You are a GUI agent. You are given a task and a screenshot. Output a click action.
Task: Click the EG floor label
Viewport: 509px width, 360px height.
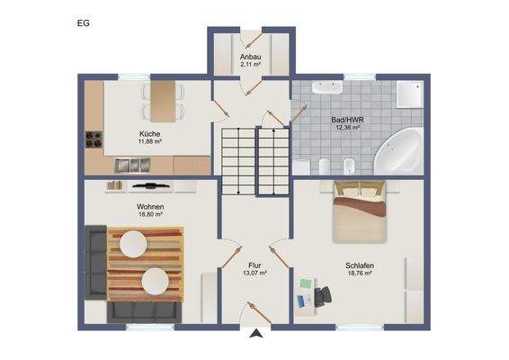(83, 23)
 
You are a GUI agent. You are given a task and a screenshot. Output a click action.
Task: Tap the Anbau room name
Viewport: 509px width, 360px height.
(250, 57)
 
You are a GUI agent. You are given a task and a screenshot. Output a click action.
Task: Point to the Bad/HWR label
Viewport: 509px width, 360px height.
(347, 119)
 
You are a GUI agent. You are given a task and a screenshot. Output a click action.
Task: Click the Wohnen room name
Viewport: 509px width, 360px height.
(149, 206)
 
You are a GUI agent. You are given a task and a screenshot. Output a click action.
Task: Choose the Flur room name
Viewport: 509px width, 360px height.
(254, 265)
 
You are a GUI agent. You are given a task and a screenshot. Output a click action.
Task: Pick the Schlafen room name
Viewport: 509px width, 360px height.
(359, 265)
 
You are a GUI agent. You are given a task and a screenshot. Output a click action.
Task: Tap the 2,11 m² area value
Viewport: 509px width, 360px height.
(250, 65)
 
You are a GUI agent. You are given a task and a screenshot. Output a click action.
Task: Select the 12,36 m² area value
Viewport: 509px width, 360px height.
(347, 127)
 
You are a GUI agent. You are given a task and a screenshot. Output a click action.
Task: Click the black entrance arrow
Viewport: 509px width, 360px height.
(256, 335)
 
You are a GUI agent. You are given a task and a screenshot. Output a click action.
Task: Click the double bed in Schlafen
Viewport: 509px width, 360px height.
(360, 212)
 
